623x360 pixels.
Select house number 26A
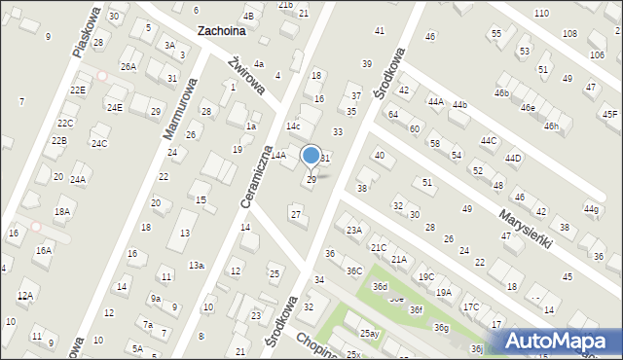point(128,66)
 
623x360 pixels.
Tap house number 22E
point(78,90)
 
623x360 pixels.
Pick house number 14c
point(292,126)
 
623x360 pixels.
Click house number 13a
point(197,265)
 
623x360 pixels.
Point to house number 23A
point(353,230)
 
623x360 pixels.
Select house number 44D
point(513,158)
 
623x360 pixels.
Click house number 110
point(540,13)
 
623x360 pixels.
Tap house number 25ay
point(369,334)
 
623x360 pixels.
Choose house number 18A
point(62,211)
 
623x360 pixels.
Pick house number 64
point(393,115)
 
